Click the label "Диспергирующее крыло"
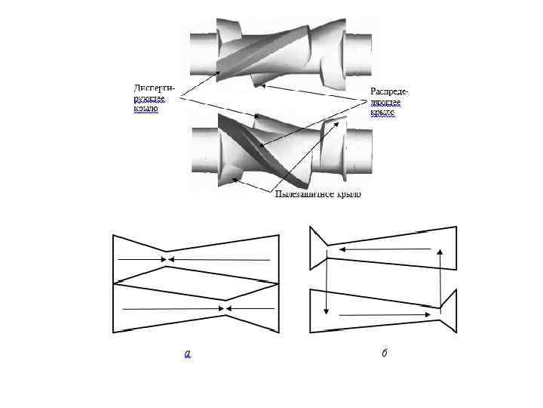[x=149, y=97]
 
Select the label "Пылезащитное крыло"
[x=318, y=194]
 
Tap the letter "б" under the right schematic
[x=384, y=352]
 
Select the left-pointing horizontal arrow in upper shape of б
[x=385, y=248]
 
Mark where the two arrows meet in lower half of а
[x=225, y=308]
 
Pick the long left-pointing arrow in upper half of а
[x=219, y=259]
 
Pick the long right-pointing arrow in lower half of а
[x=173, y=308]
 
